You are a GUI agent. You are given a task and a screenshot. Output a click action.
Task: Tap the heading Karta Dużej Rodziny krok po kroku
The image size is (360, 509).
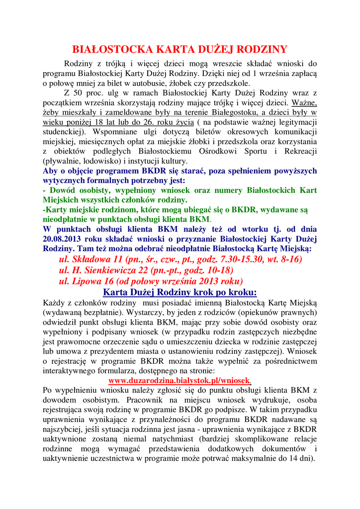click(180, 292)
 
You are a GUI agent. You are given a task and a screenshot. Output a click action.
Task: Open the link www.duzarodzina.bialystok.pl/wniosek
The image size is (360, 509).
click(180, 380)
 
